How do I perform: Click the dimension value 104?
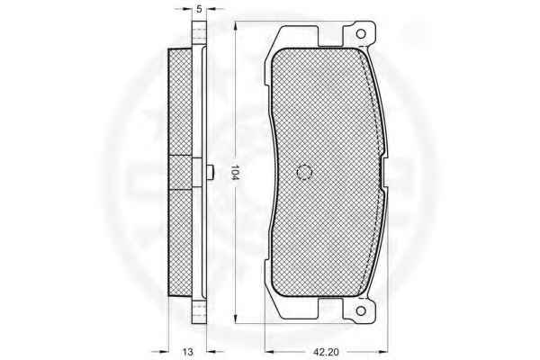coord(235,172)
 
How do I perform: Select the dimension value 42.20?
coord(326,352)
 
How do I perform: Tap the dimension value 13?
coord(188,352)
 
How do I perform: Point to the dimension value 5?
coord(199,9)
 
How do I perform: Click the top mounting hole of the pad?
coord(361,34)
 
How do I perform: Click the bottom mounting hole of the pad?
coord(361,311)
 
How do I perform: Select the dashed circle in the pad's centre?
coord(304,172)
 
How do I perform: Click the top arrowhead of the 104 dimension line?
coord(236,27)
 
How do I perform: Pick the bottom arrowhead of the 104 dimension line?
coord(236,318)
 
